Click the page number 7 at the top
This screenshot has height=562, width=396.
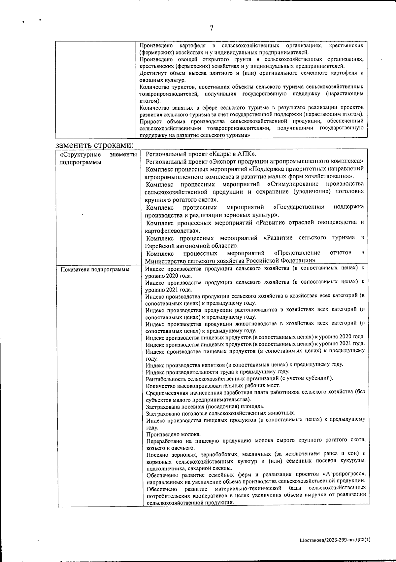coord(212,29)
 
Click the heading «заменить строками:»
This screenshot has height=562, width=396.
coord(95,145)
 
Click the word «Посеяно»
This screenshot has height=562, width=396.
coord(156,454)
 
